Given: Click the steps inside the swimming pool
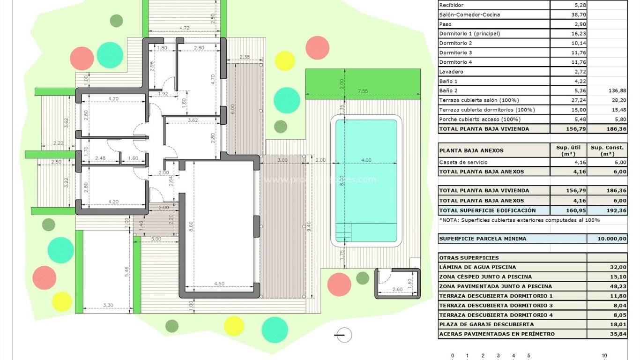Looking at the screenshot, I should click(344, 232).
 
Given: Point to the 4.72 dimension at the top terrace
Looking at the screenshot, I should click(185, 29).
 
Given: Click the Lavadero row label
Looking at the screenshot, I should click(451, 72).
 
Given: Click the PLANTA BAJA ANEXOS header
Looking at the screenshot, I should click(465, 150).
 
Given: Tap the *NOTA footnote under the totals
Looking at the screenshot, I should click(519, 220).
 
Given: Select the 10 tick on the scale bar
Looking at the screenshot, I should click(604, 356).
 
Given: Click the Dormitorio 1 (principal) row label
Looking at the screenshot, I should click(469, 34).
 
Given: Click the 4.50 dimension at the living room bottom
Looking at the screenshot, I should click(219, 284).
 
